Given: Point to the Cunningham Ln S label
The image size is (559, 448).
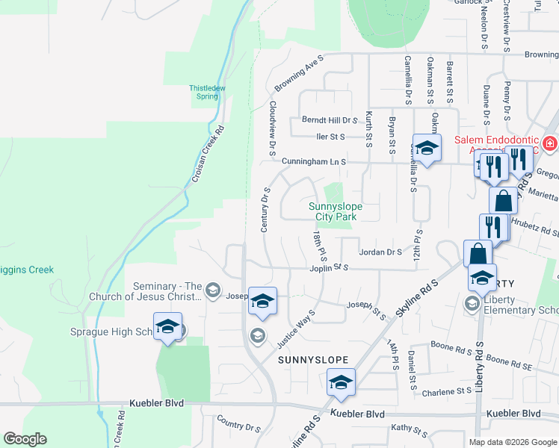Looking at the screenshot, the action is pyautogui.click(x=314, y=161).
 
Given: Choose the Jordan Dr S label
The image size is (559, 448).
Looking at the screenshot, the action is pyautogui.click(x=381, y=252).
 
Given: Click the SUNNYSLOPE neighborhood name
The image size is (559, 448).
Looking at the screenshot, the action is pyautogui.click(x=313, y=360).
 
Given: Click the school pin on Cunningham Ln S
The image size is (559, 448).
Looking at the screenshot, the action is pyautogui.click(x=427, y=149).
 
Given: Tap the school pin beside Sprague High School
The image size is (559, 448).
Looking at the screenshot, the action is pyautogui.click(x=168, y=327).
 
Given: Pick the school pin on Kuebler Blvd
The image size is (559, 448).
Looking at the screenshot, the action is pyautogui.click(x=341, y=383).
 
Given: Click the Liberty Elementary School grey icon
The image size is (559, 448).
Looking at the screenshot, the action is pyautogui.click(x=472, y=303).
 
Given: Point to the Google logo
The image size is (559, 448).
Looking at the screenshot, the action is pyautogui.click(x=25, y=439).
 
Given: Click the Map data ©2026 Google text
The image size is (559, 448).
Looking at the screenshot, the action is pyautogui.click(x=512, y=442).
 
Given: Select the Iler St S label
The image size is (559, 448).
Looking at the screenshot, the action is pyautogui.click(x=330, y=137).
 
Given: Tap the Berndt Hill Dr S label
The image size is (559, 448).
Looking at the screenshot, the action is pyautogui.click(x=330, y=120).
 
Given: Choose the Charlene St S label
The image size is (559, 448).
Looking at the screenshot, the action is pyautogui.click(x=448, y=391).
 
